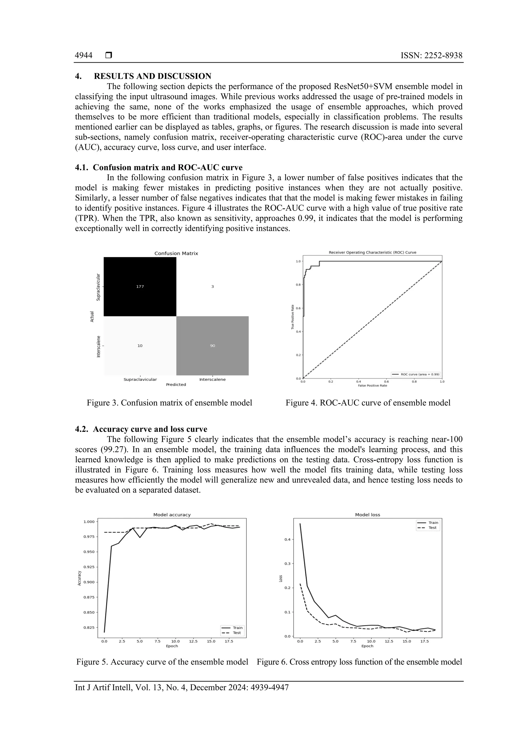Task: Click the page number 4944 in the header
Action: [84, 56]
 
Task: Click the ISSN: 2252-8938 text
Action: [431, 56]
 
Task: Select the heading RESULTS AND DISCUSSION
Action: [152, 76]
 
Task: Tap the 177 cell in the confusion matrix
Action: [140, 287]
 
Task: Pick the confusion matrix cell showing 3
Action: [213, 287]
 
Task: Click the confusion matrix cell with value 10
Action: [140, 346]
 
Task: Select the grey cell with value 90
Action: [213, 346]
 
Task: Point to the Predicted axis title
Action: [176, 384]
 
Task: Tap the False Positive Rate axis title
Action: [372, 385]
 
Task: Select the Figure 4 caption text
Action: [368, 403]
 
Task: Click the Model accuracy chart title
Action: [172, 515]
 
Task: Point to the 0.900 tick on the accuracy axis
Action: [89, 582]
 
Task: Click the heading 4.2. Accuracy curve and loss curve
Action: [141, 429]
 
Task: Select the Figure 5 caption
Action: [162, 662]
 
